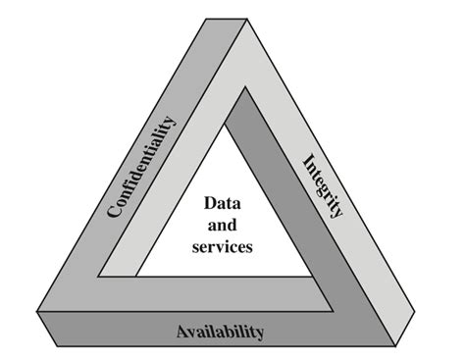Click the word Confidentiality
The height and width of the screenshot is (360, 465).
pos(143,168)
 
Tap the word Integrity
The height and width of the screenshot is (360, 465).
pos(323,186)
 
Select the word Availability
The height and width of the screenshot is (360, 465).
pos(220,332)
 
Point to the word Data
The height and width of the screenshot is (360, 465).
pos(223,205)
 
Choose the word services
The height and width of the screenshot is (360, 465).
pos(223,247)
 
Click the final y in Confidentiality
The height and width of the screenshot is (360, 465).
pos(174,122)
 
